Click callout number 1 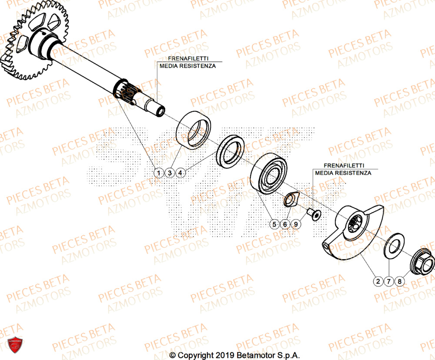pyautogui.click(x=159, y=173)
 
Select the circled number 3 pyautogui.click(x=170, y=173)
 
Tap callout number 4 pyautogui.click(x=181, y=173)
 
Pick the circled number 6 pyautogui.click(x=285, y=224)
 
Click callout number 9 pyautogui.click(x=296, y=224)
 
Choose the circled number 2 pyautogui.click(x=378, y=281)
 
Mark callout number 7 pyautogui.click(x=389, y=281)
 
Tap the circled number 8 pyautogui.click(x=400, y=281)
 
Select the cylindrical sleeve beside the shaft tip pyautogui.click(x=193, y=130)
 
